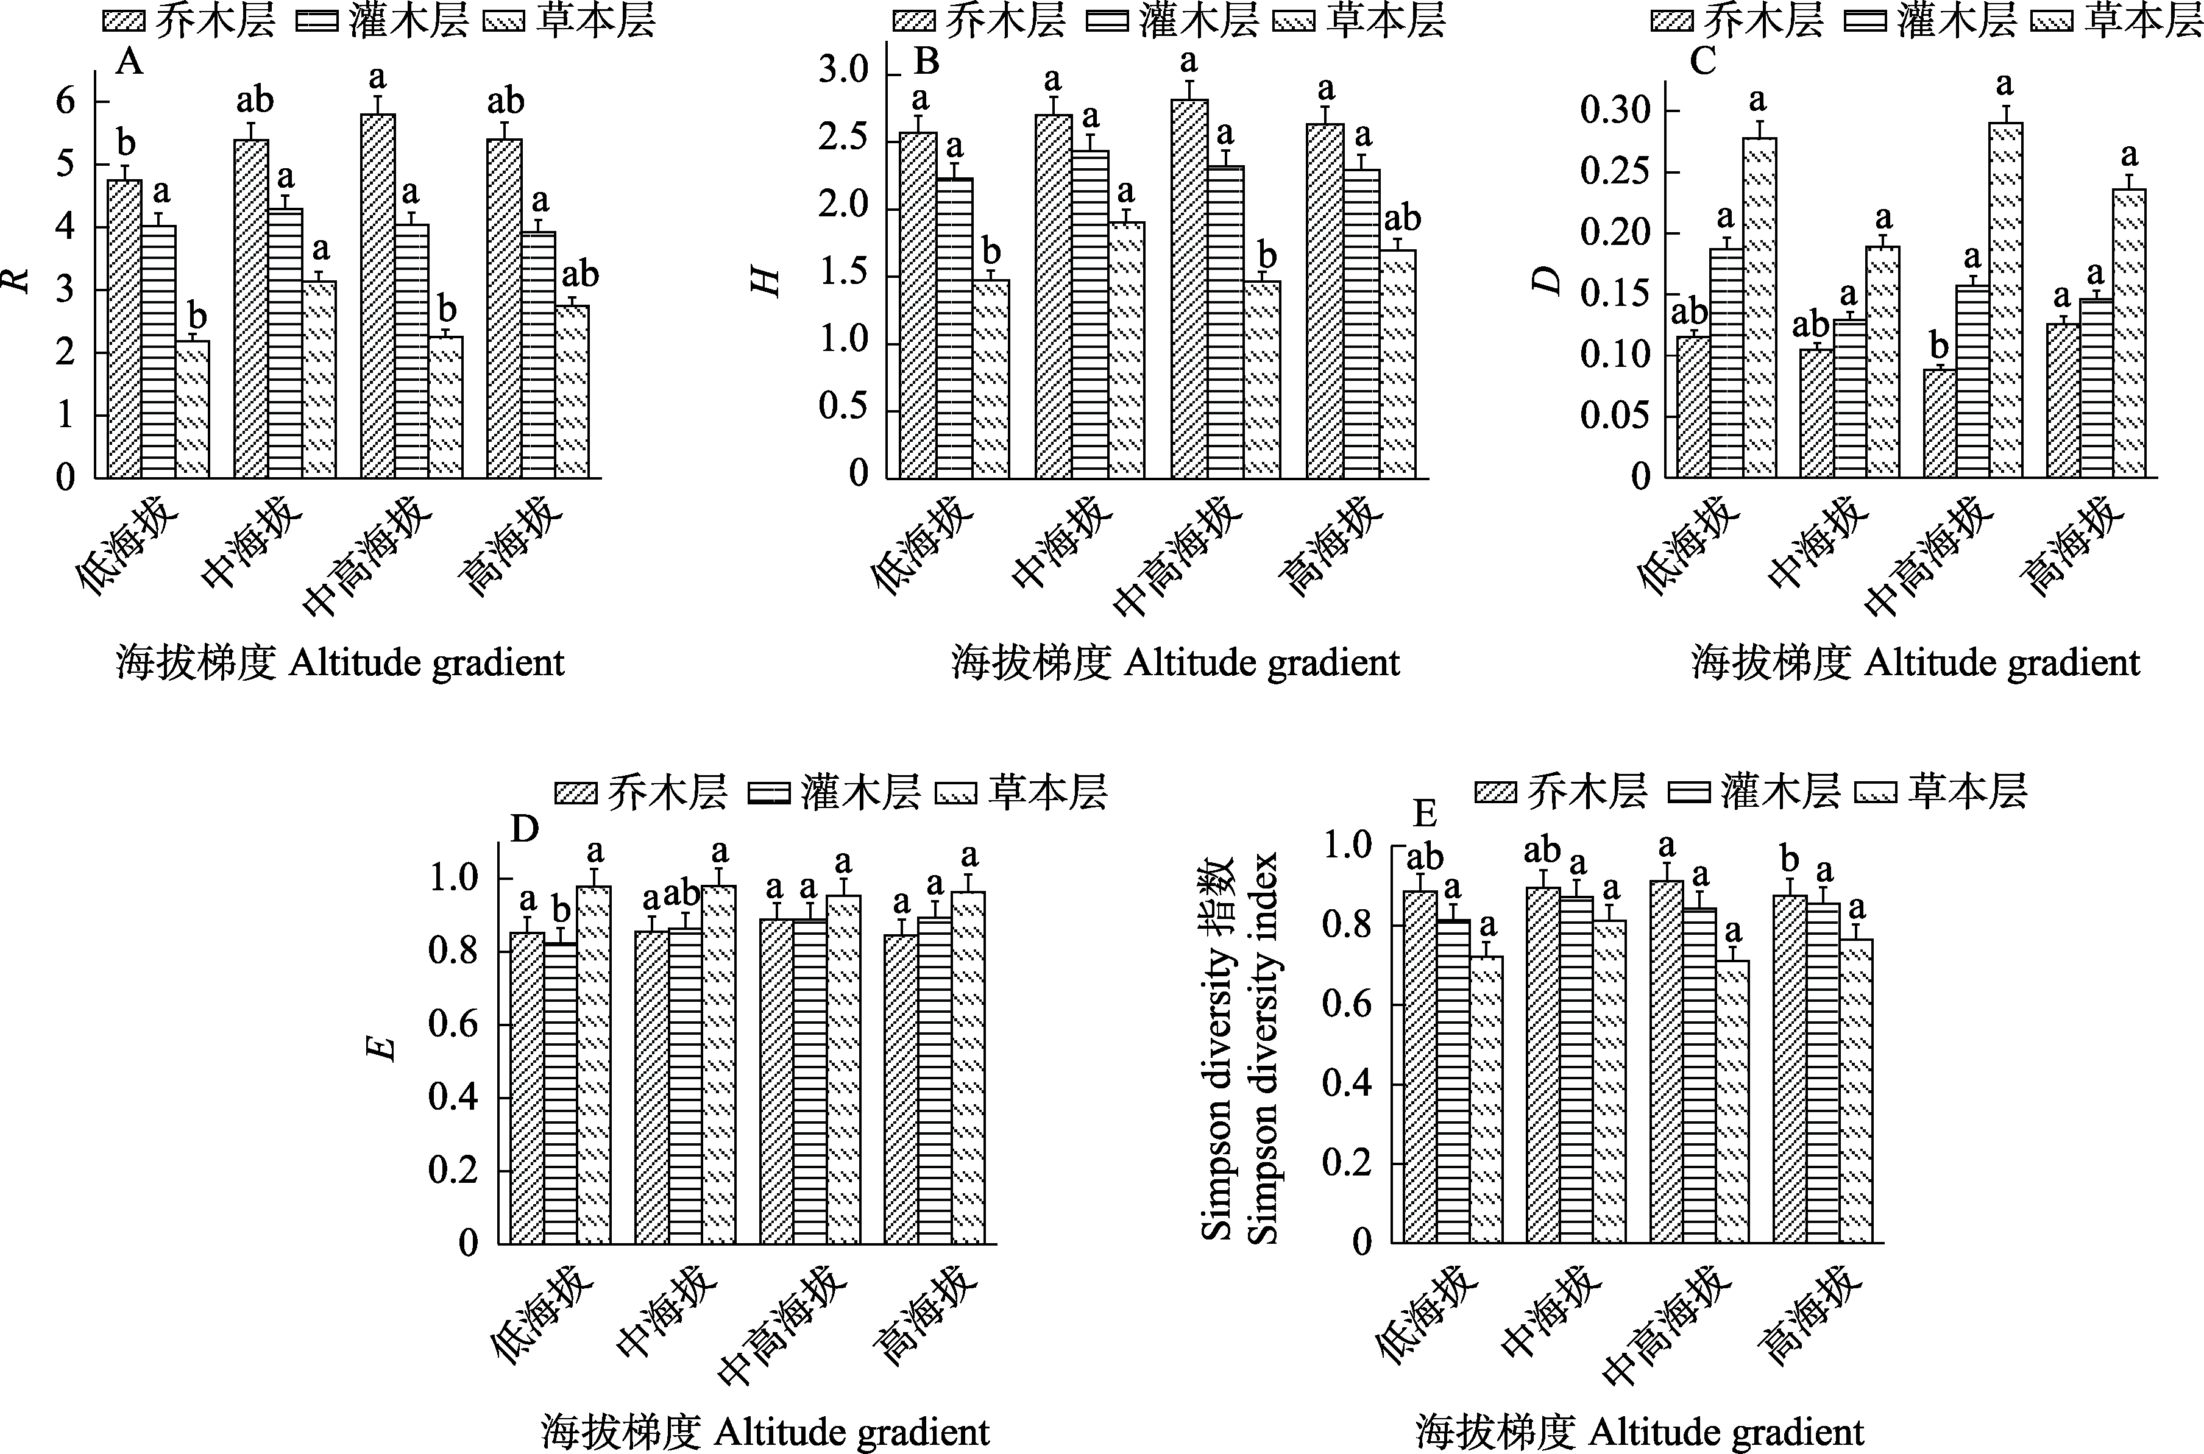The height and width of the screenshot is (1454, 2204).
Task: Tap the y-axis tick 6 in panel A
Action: pos(65,100)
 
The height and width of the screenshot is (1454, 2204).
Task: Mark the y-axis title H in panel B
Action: pos(766,281)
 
